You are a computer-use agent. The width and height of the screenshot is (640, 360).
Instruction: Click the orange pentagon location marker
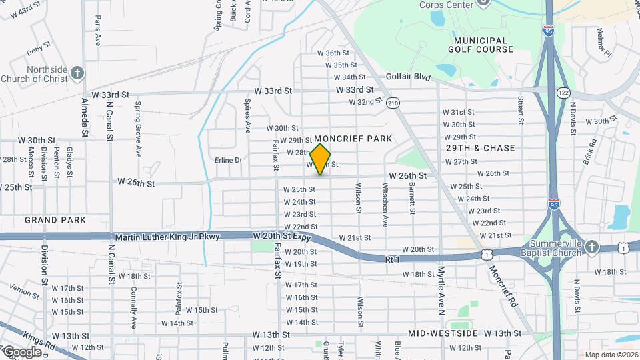(x=321, y=159)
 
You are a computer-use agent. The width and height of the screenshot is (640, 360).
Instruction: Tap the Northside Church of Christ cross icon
(x=77, y=72)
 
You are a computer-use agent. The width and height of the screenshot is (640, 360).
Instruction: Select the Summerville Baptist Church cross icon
(x=593, y=247)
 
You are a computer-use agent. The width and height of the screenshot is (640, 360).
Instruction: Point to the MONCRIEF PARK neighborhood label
(x=357, y=139)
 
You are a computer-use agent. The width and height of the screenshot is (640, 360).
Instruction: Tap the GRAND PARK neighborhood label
(x=55, y=219)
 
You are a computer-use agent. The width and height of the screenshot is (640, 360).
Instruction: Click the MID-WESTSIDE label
(x=443, y=333)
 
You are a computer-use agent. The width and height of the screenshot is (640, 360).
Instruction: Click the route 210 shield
(x=393, y=103)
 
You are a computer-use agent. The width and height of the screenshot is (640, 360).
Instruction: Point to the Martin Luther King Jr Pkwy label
(x=167, y=237)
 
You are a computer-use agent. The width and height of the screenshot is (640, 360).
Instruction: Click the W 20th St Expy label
(x=283, y=237)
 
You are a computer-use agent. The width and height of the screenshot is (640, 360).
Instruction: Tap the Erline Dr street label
(x=228, y=160)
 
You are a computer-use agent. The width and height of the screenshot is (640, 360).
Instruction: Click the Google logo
(x=21, y=351)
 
